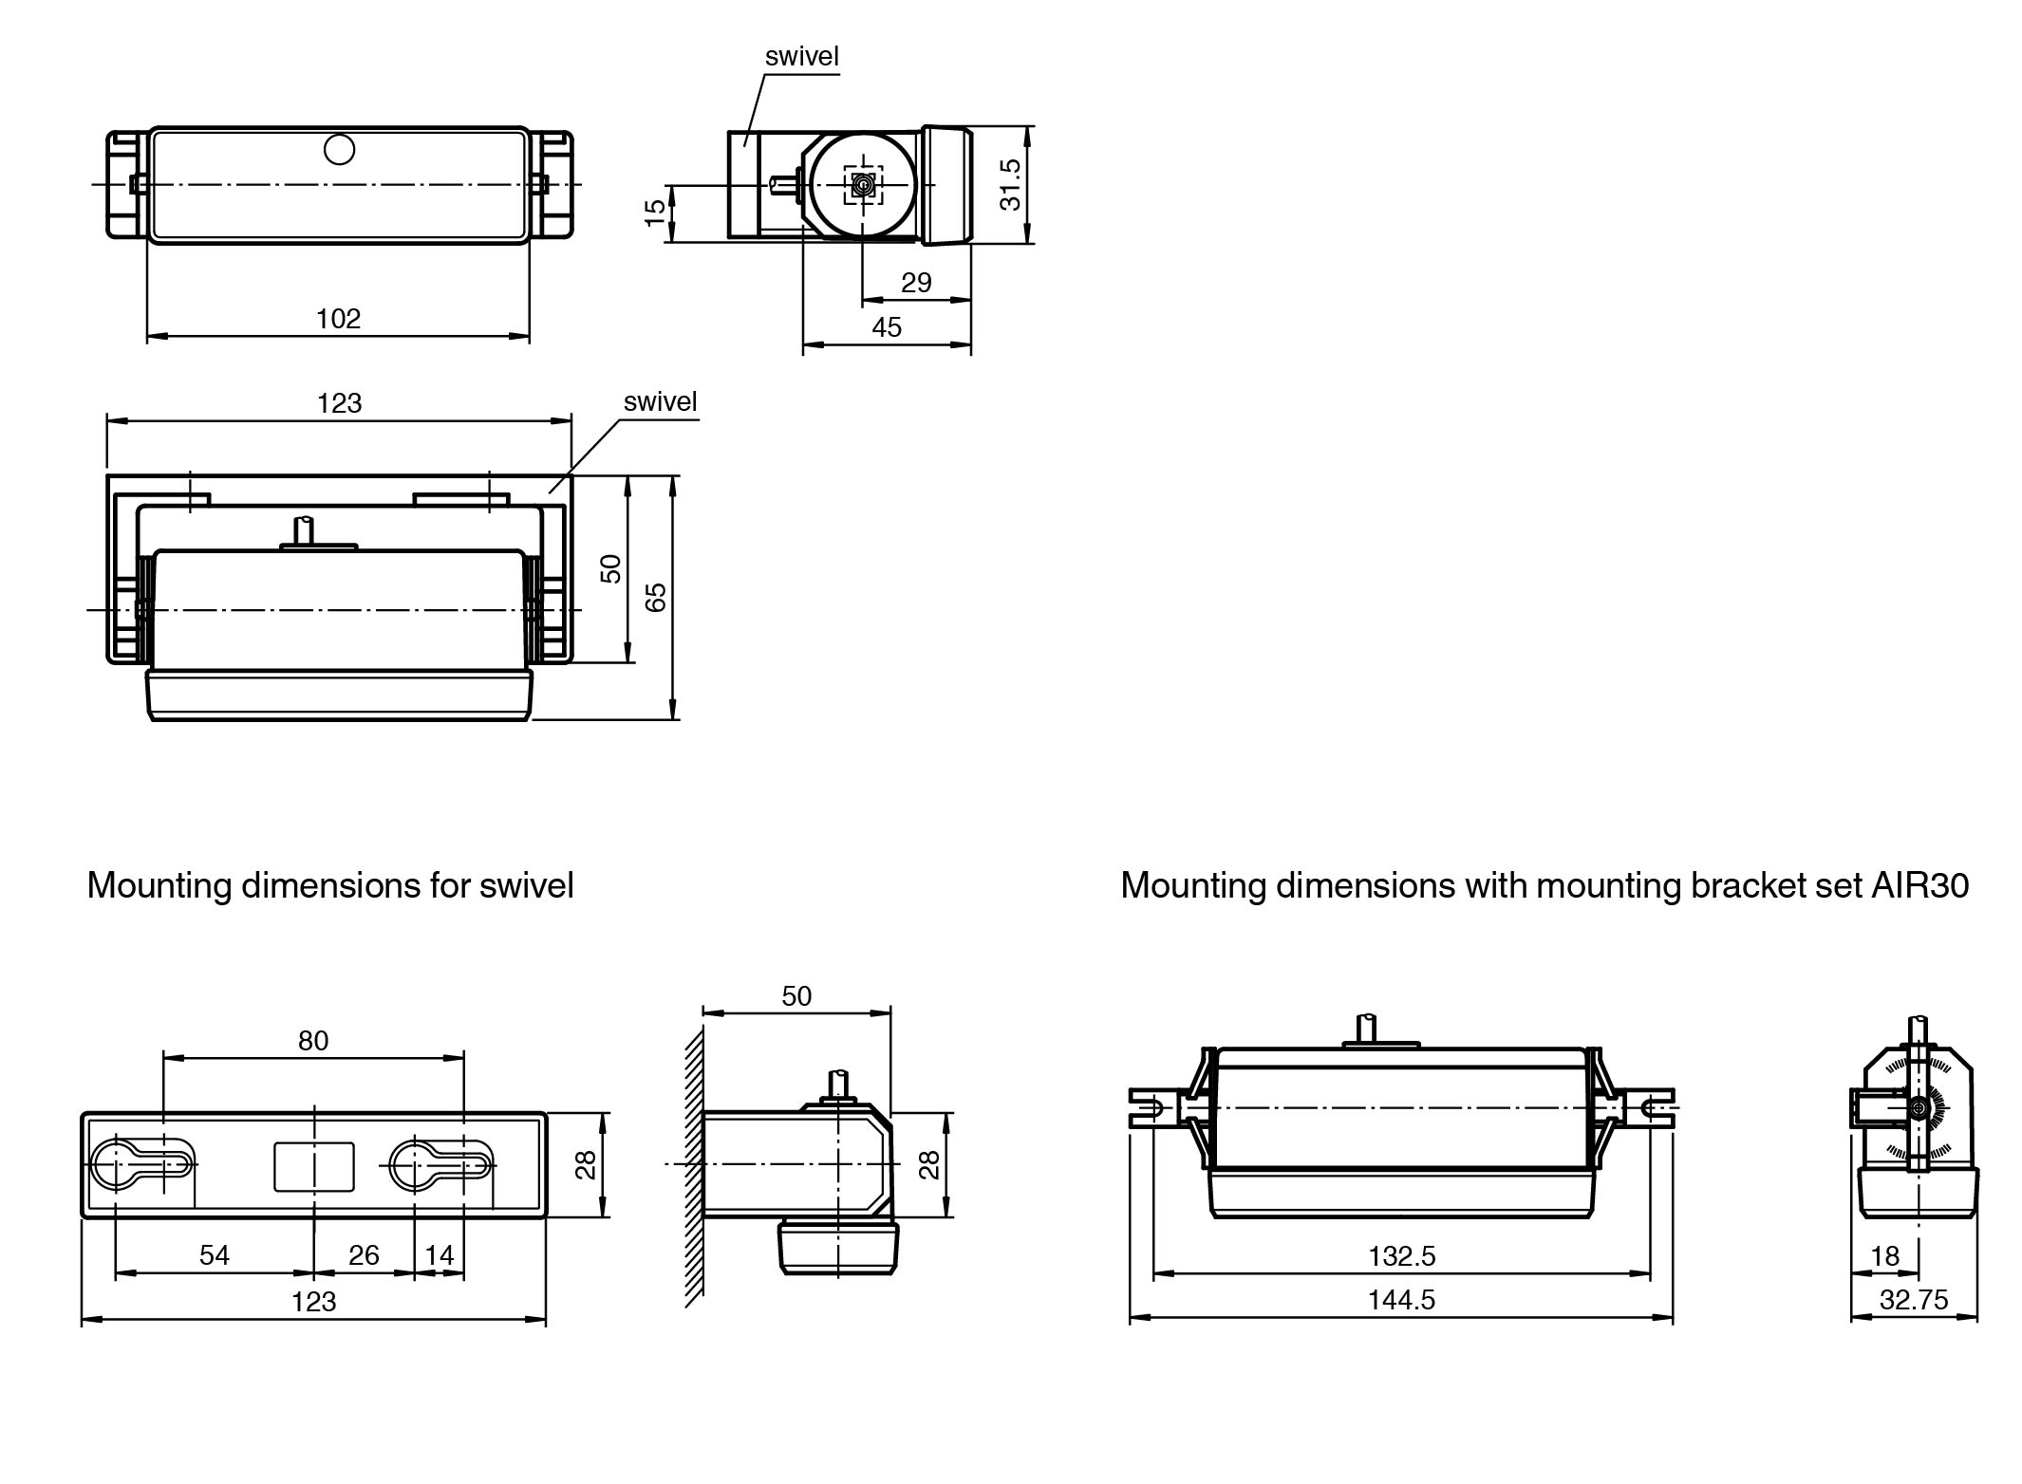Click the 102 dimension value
point(338,319)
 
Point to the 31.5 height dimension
point(1010,184)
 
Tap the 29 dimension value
point(916,283)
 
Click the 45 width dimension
point(887,328)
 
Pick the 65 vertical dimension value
point(656,597)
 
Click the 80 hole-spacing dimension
point(313,1041)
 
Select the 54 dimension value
point(215,1255)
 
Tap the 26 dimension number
point(364,1255)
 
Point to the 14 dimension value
point(440,1255)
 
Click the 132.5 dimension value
point(1401,1256)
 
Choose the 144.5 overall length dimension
point(1401,1300)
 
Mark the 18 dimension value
point(1884,1256)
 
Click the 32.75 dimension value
point(1914,1300)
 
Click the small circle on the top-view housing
point(339,150)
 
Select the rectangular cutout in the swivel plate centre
point(314,1166)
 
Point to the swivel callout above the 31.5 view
point(802,57)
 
